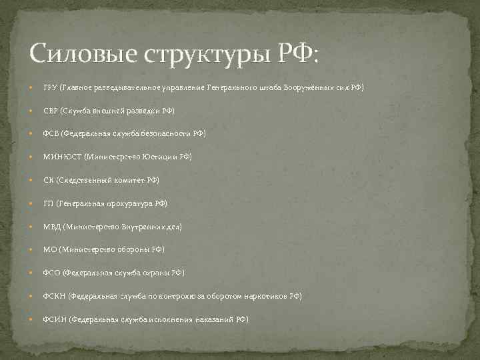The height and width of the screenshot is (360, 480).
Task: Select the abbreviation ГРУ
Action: [50, 87]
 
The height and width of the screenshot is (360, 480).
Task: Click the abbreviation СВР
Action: [51, 111]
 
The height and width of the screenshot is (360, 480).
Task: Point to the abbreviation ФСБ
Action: [51, 133]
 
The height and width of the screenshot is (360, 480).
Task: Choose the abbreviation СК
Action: [48, 180]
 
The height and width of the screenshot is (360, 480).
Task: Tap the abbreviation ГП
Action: [48, 203]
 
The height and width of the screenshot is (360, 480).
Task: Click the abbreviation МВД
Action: [52, 227]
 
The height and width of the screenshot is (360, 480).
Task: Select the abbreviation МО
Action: [49, 249]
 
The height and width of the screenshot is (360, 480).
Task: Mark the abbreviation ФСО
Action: [52, 273]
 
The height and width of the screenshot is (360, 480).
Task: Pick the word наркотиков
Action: [264, 296]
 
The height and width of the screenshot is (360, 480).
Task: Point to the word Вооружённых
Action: [310, 87]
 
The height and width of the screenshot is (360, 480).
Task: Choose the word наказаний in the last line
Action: [215, 319]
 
